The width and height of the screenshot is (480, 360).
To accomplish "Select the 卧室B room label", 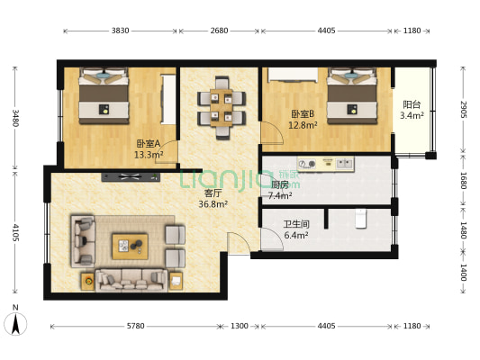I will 301,114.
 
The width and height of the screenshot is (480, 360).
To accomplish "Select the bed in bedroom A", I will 103,97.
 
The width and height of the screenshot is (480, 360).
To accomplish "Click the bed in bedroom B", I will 352,96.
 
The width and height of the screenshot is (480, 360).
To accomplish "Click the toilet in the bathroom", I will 361,219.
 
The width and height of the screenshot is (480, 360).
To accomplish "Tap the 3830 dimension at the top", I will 121,31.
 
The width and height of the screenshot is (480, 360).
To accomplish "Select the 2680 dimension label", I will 220,31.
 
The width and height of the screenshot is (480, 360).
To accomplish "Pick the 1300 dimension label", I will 239,325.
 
